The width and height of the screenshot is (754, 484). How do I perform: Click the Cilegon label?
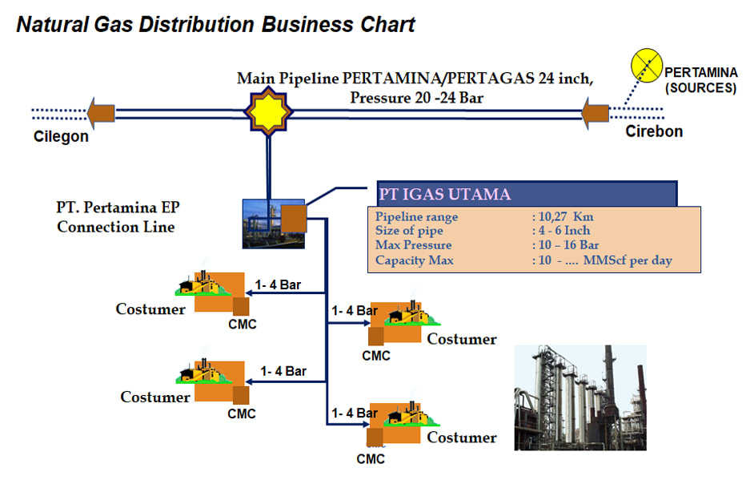[x=61, y=136]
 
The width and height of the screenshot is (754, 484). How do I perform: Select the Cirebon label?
[x=654, y=131]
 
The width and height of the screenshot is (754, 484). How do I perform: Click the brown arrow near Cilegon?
[x=102, y=113]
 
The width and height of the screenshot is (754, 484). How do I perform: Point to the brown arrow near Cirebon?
[x=595, y=112]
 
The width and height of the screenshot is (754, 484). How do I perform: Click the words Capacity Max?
[x=414, y=260]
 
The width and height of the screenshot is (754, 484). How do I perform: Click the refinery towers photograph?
[x=580, y=397]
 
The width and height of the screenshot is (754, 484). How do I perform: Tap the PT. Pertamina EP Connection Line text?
[x=118, y=217]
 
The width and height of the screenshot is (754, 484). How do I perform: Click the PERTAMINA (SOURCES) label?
[x=700, y=80]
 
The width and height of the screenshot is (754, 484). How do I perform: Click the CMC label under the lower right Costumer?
[x=371, y=459]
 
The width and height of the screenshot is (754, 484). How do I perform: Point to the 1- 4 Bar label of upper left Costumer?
[x=278, y=284]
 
